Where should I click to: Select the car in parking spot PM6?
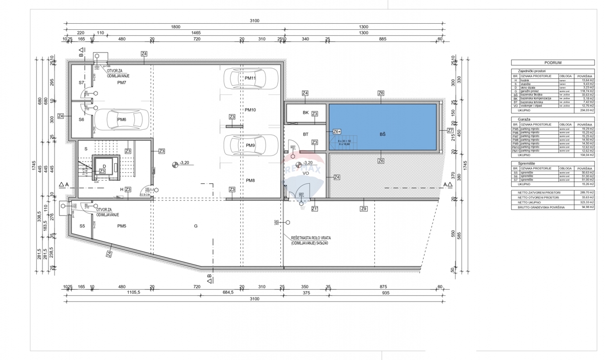click(121, 120)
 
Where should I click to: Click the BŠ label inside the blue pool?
click(382, 134)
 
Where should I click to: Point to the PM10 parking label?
click(250, 110)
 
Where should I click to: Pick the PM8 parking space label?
click(250, 180)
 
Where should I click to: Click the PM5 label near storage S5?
click(121, 226)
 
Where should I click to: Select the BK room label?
click(306, 113)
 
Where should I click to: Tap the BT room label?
click(306, 134)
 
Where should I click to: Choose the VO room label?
click(306, 173)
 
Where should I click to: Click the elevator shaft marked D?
click(105, 167)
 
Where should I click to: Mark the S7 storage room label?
click(81, 82)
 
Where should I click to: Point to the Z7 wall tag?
click(450, 130)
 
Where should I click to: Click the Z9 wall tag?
click(364, 209)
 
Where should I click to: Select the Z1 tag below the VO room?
click(315, 209)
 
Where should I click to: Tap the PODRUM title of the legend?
click(553, 62)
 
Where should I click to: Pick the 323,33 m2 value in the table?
click(585, 202)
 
